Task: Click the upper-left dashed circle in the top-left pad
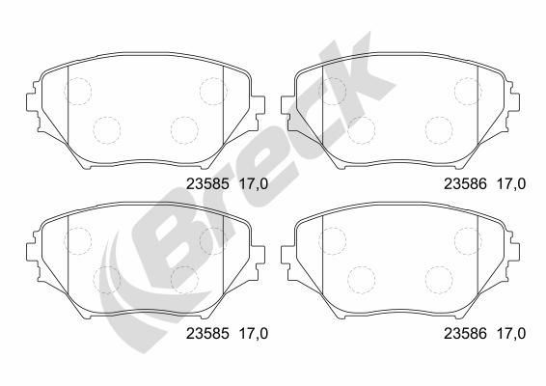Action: [76, 92]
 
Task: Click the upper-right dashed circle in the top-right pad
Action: [468, 91]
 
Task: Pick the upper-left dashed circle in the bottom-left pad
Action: [76, 241]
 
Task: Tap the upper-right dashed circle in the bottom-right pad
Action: [468, 241]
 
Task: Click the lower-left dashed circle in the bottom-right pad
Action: [360, 279]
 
